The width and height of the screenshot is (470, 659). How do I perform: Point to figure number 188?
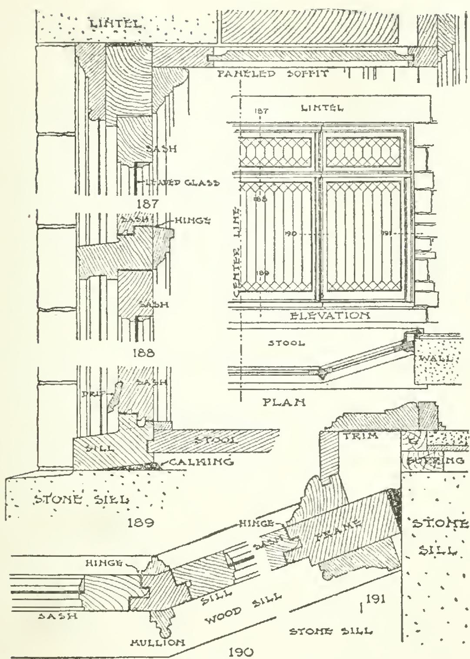coord(143,353)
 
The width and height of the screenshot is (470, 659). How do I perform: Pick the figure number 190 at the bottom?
coord(240,651)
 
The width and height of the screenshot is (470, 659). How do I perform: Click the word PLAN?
coord(284,402)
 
